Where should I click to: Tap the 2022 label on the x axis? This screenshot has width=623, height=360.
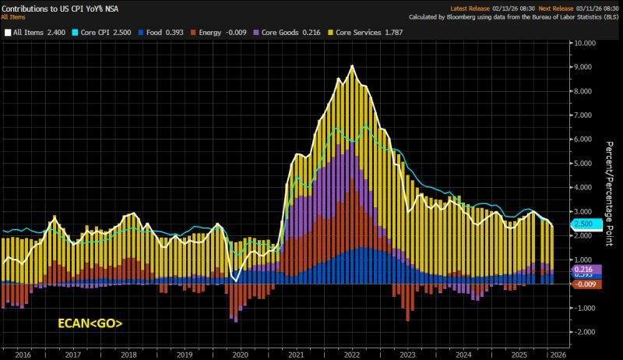click(x=351, y=352)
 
